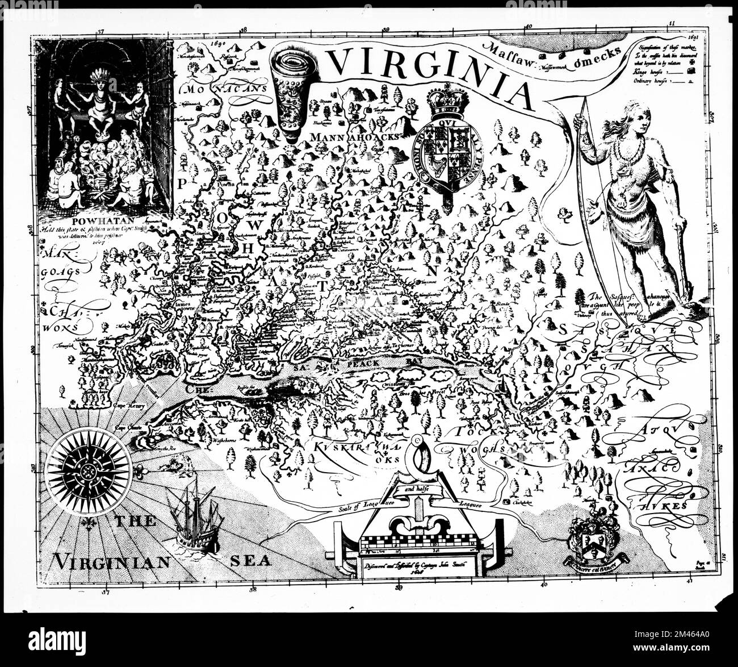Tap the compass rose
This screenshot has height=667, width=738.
click(89, 471)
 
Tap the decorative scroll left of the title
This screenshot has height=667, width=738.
click(290, 85)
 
